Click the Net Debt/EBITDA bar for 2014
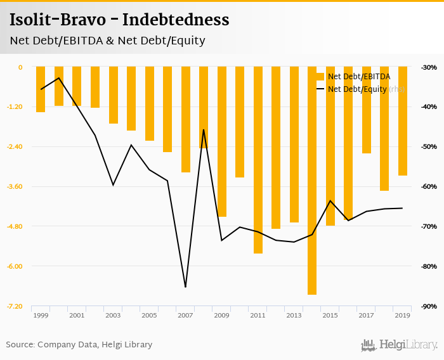(312, 181)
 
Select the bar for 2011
(258, 160)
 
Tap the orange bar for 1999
(41, 89)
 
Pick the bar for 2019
(402, 121)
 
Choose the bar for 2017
(366, 110)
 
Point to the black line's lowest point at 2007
(185, 287)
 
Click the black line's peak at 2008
(204, 130)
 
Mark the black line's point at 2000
(59, 78)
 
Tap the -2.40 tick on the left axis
(13, 147)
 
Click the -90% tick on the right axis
(429, 306)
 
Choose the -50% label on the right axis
(429, 147)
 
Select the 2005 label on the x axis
(149, 316)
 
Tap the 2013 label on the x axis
(294, 316)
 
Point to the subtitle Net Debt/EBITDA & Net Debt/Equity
(107, 41)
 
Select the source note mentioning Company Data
(79, 345)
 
